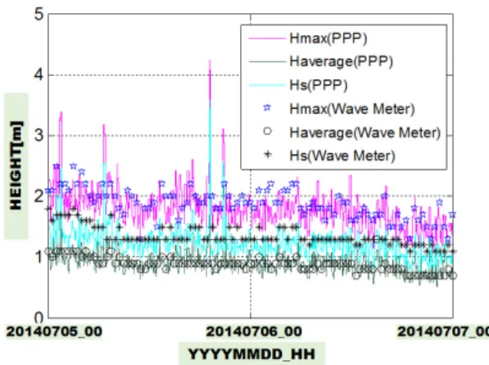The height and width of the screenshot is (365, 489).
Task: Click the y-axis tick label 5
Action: pyautogui.click(x=39, y=15)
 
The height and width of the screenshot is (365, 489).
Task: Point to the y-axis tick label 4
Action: pyautogui.click(x=39, y=75)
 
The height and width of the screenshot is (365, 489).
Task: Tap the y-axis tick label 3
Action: pyautogui.click(x=39, y=136)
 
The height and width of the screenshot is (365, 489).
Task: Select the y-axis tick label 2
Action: pyautogui.click(x=39, y=196)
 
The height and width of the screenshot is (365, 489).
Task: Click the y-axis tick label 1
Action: pyautogui.click(x=39, y=257)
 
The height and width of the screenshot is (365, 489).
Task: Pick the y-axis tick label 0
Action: pyautogui.click(x=39, y=318)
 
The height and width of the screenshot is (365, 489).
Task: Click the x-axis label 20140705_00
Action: pyautogui.click(x=54, y=331)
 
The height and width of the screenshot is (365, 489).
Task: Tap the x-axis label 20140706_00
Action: pyautogui.click(x=254, y=331)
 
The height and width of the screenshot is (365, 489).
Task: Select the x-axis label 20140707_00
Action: pyautogui.click(x=443, y=331)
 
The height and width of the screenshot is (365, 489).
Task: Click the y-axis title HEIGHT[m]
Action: pyautogui.click(x=16, y=165)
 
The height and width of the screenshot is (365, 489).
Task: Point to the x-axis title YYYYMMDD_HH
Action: pyautogui.click(x=251, y=354)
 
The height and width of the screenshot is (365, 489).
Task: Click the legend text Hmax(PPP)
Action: pyautogui.click(x=328, y=38)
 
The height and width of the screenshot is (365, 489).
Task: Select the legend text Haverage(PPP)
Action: pyautogui.click(x=341, y=61)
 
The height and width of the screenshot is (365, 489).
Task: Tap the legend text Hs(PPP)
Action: pyautogui.click(x=318, y=85)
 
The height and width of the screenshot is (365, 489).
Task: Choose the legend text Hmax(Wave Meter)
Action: pyautogui.click(x=351, y=109)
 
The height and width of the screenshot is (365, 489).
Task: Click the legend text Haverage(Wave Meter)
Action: pyautogui.click(x=364, y=133)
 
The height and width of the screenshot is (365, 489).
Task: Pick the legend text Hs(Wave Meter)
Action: pyautogui.click(x=342, y=155)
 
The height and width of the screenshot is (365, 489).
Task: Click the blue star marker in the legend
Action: pyautogui.click(x=267, y=108)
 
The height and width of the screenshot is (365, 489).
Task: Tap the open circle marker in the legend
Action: pyautogui.click(x=267, y=131)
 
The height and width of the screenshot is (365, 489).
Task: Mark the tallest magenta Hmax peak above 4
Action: pyautogui.click(x=210, y=61)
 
